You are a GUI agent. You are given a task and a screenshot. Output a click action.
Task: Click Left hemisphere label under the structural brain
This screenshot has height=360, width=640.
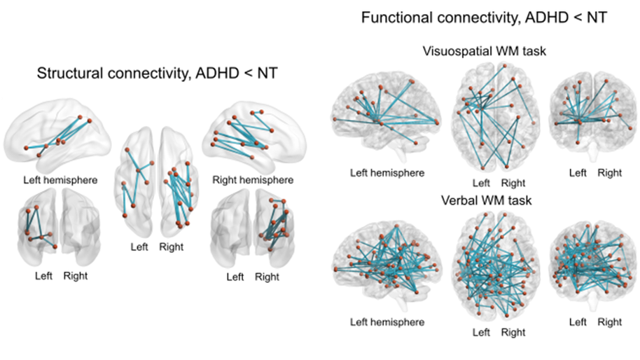(59, 180)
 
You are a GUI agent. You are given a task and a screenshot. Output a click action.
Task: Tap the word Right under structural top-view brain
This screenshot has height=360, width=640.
(171, 247)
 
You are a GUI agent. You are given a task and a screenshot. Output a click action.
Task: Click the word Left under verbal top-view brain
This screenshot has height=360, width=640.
(481, 333)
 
